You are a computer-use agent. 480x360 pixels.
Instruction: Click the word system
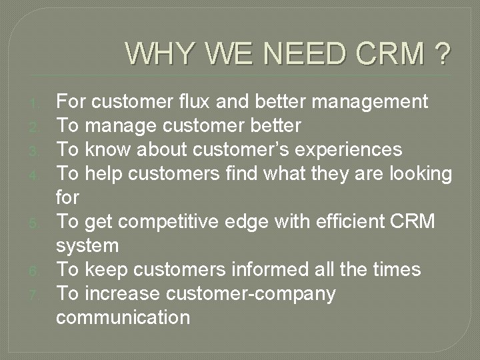[87, 245]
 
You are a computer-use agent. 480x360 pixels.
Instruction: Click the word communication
[123, 317]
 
